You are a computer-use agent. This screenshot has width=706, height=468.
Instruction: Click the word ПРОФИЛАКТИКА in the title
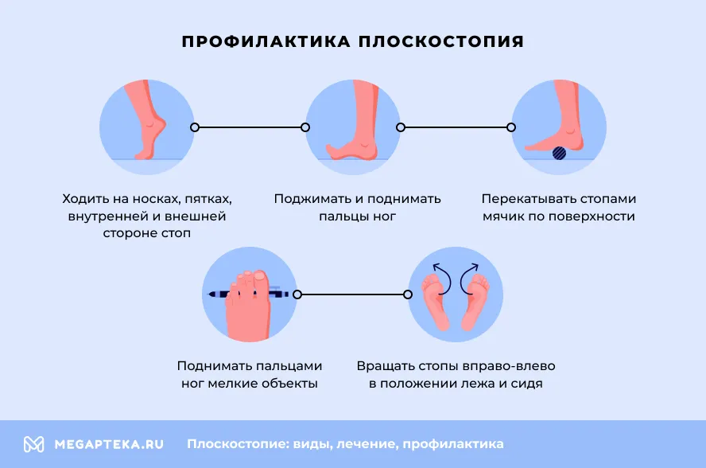click(x=266, y=41)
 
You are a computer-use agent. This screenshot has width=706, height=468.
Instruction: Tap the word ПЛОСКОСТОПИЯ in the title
click(x=441, y=41)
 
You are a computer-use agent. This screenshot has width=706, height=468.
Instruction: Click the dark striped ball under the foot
click(x=559, y=153)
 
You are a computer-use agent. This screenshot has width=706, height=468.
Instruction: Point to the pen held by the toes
click(x=248, y=294)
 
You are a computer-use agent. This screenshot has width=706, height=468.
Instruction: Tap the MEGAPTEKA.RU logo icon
click(x=33, y=444)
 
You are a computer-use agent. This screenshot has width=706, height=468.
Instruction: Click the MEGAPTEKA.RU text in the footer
click(x=109, y=445)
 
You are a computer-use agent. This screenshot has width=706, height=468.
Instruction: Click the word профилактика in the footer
click(x=453, y=444)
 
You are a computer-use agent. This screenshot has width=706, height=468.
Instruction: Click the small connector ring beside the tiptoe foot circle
click(x=195, y=127)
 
